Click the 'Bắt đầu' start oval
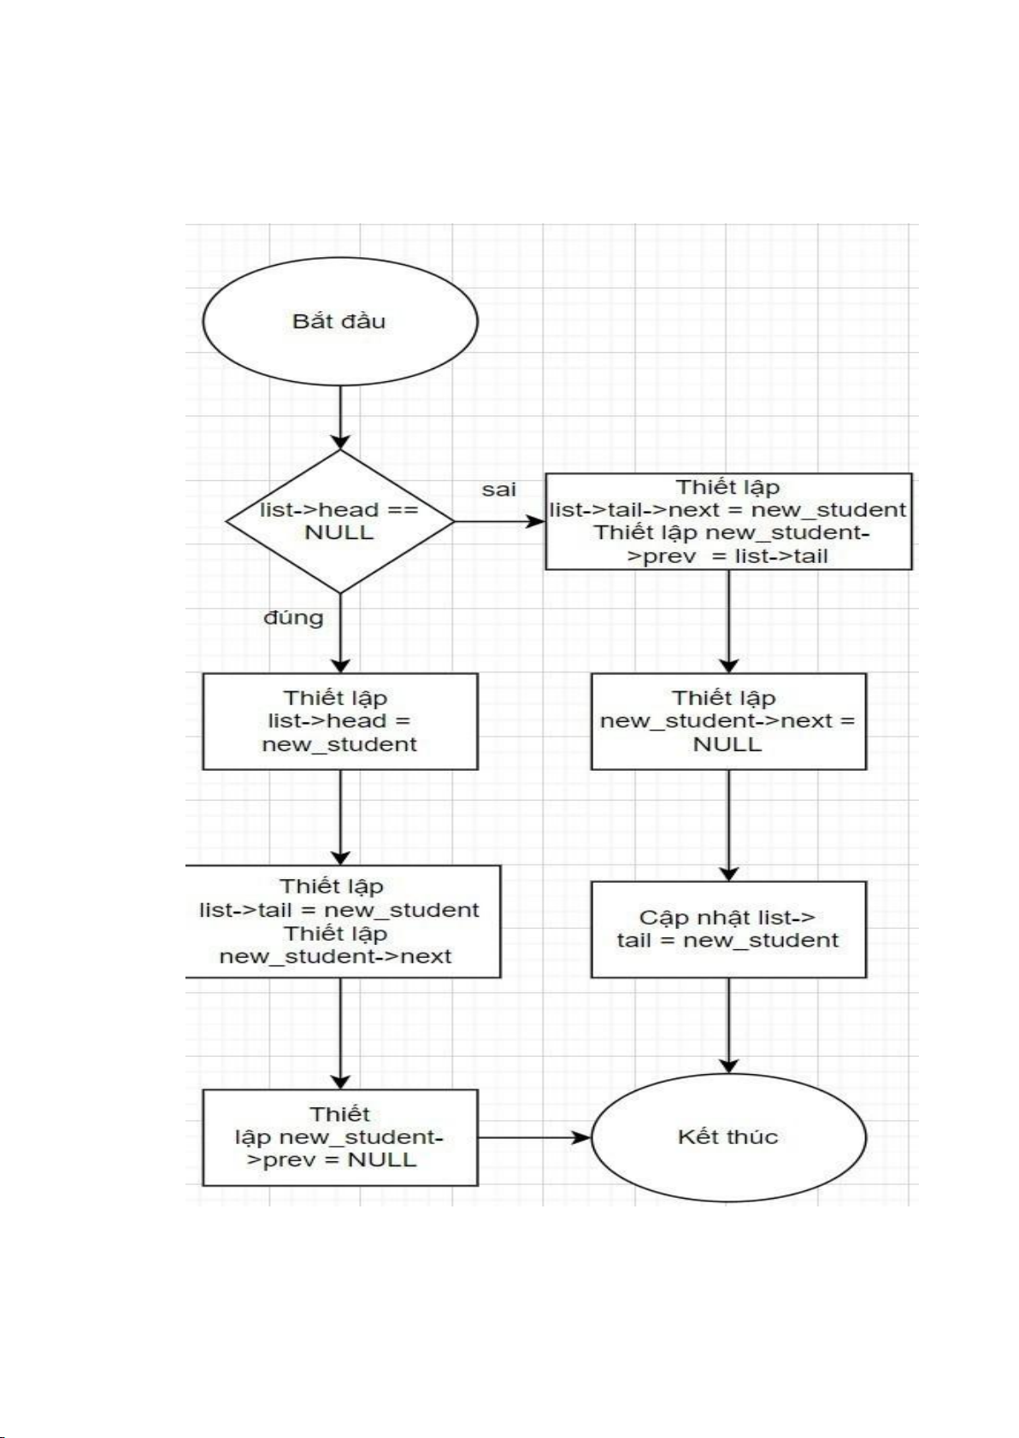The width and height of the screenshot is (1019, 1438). (339, 321)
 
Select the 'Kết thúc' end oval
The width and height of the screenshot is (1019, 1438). (728, 1137)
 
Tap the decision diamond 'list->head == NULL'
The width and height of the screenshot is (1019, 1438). (339, 520)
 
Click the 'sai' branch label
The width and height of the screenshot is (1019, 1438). (498, 490)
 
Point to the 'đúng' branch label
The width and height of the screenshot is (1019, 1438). (293, 617)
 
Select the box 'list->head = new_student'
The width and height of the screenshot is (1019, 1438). (339, 721)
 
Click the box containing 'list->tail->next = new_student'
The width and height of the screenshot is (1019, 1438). (728, 521)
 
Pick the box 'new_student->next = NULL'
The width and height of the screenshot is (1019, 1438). (728, 721)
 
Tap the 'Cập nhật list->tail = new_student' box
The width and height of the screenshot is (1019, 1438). (728, 930)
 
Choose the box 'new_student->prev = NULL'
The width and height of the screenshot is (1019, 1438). (339, 1137)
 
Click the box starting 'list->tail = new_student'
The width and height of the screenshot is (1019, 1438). (339, 921)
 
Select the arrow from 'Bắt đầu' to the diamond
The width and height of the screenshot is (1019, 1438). (340, 417)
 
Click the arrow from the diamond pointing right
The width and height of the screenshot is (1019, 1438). (499, 521)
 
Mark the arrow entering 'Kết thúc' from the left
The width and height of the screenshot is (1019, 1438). (533, 1137)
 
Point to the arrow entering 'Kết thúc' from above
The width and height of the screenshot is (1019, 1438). (728, 1025)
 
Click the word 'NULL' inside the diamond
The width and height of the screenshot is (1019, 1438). (339, 532)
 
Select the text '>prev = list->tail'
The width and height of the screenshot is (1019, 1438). (727, 556)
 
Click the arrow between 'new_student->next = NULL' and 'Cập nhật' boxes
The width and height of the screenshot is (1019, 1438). (728, 825)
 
